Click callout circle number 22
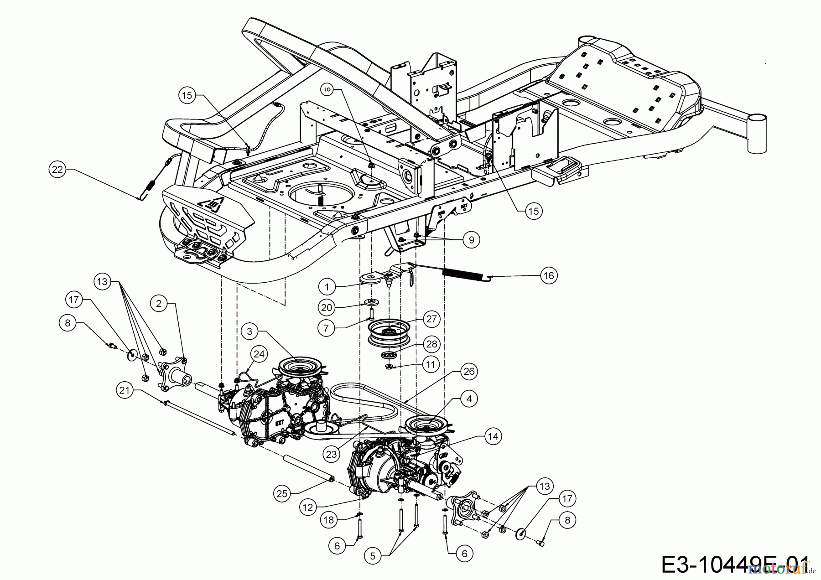[x=57, y=169]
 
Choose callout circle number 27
[x=431, y=319]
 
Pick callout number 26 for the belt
[x=469, y=371]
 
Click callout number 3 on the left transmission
[x=249, y=331]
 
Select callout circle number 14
[x=494, y=436]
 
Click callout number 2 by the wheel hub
[x=159, y=303]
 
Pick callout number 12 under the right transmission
[x=308, y=506]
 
